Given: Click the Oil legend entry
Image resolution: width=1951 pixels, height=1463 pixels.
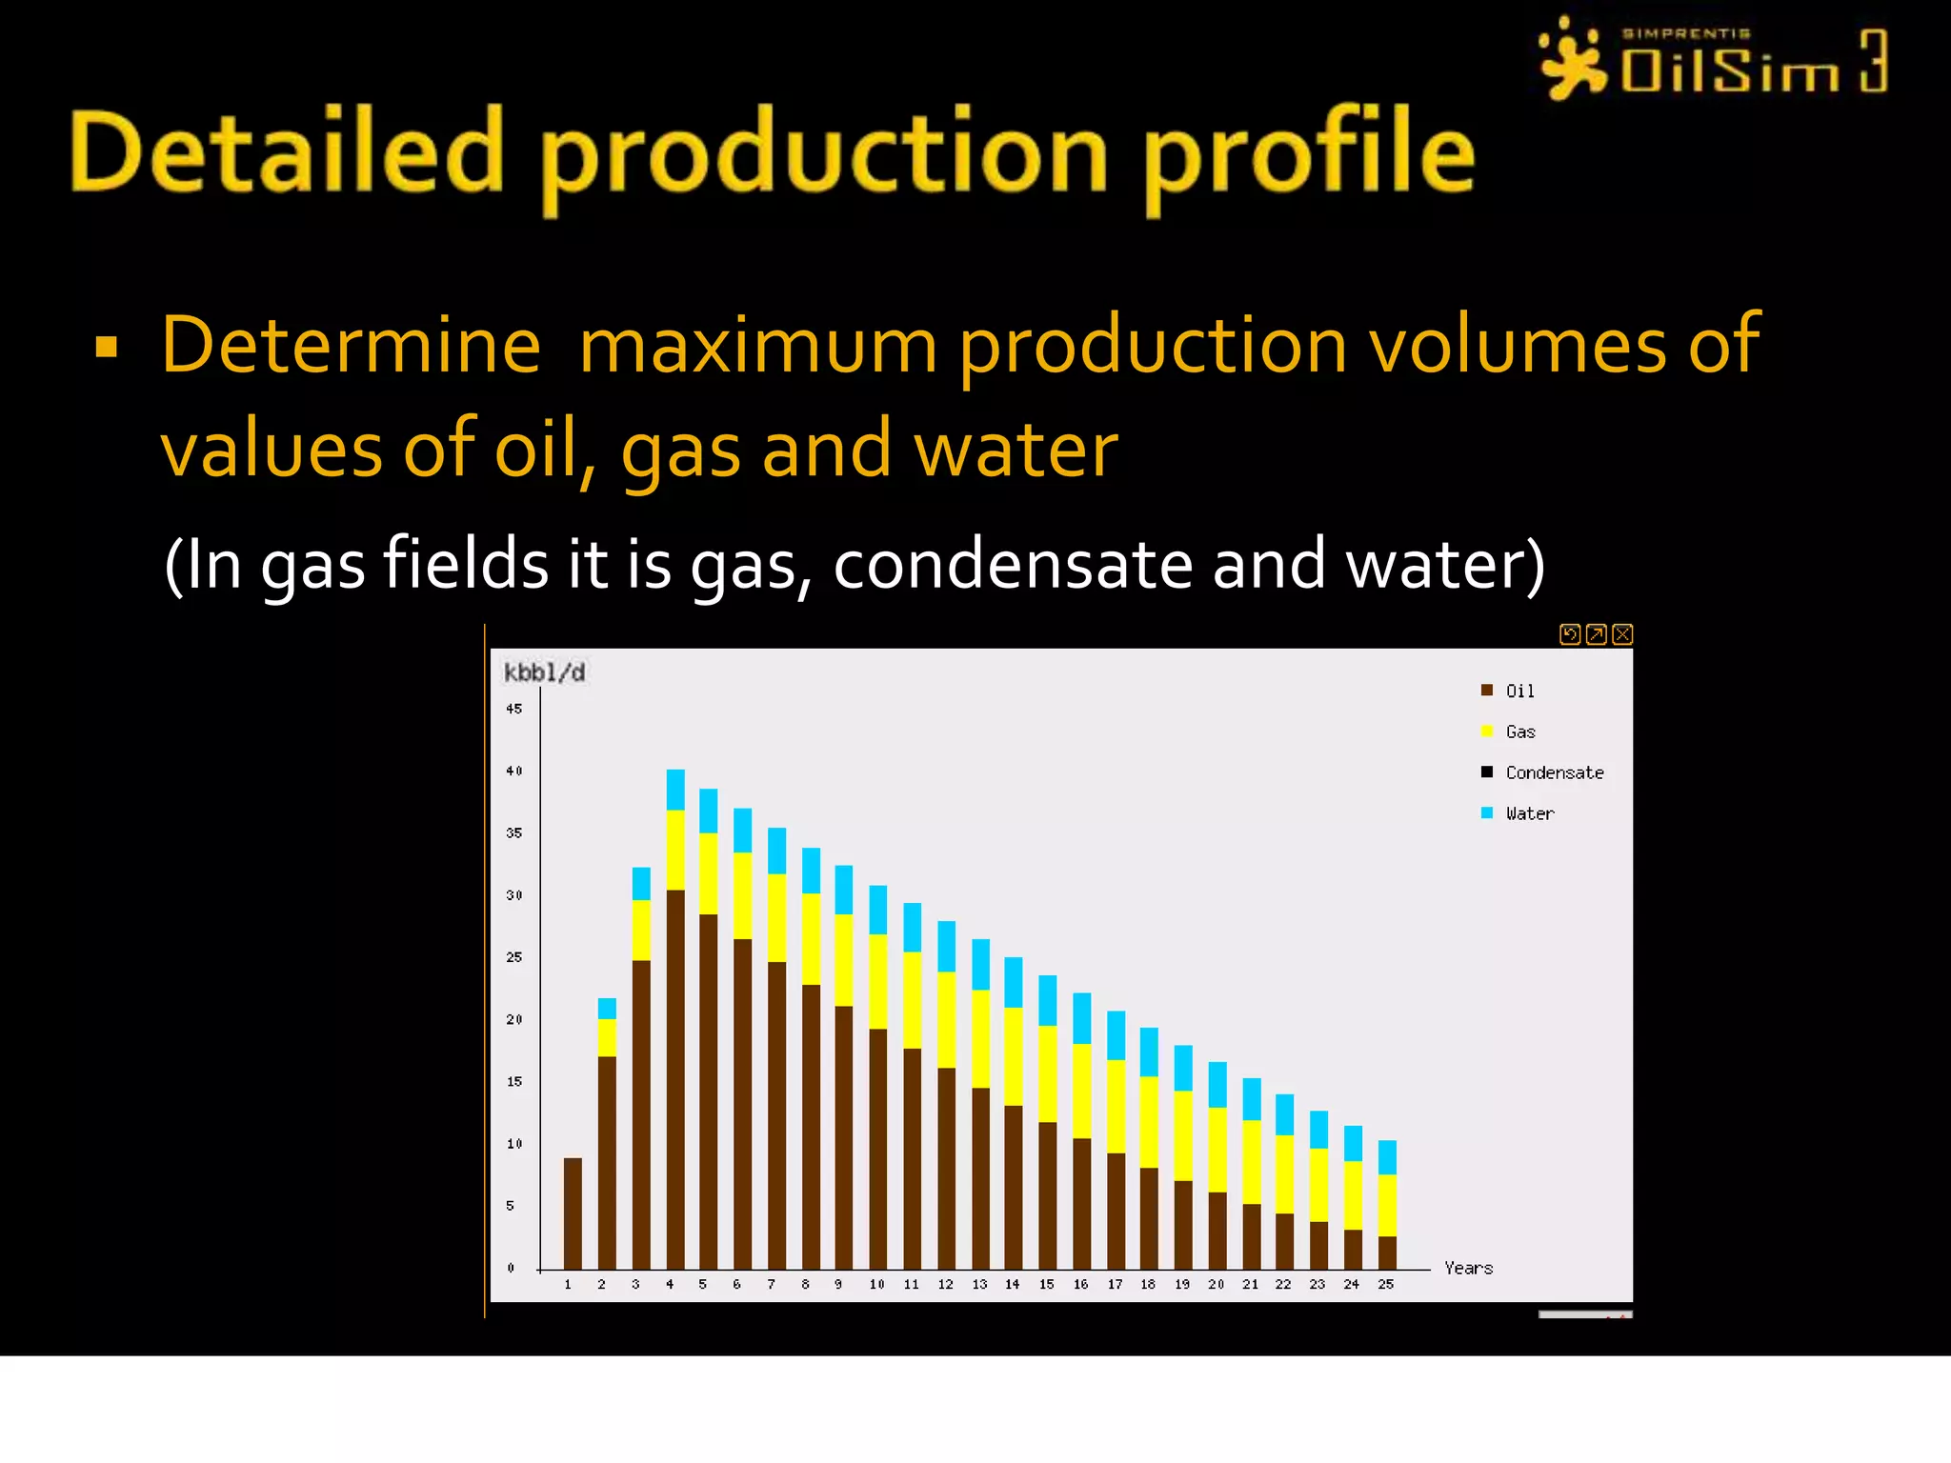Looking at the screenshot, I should pos(1519,691).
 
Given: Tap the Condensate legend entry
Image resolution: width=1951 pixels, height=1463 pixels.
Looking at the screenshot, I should pos(1553,772).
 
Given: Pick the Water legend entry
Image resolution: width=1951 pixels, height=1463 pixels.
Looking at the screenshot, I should pos(1528,813).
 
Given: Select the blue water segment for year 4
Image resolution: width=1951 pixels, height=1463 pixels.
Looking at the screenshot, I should pos(675,790).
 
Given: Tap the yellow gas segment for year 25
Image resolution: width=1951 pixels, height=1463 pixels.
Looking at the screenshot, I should pos(1387,1205).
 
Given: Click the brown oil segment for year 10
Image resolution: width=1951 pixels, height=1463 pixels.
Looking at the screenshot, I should pos(877,1148).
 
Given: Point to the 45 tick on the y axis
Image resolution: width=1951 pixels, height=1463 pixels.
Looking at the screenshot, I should pos(514,709).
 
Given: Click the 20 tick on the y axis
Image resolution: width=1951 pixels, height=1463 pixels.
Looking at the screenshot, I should pos(514,1019).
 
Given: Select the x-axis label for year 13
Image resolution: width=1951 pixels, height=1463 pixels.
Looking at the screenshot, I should pos(979,1284).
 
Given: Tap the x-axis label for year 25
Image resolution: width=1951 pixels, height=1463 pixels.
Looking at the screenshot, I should pos(1386,1284).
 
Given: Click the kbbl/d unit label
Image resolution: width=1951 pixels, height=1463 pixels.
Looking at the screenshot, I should pos(544,672).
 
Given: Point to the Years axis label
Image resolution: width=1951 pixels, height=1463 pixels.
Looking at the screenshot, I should pos(1468,1268).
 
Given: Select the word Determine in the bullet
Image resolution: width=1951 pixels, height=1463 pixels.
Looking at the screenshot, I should pos(351,345).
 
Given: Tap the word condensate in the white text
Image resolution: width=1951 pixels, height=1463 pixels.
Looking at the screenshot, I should pos(1013,564).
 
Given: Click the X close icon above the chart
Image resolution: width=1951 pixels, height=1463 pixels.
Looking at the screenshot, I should pos(1623,634).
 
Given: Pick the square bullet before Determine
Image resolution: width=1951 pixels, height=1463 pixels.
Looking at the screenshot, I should pos(107,347).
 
